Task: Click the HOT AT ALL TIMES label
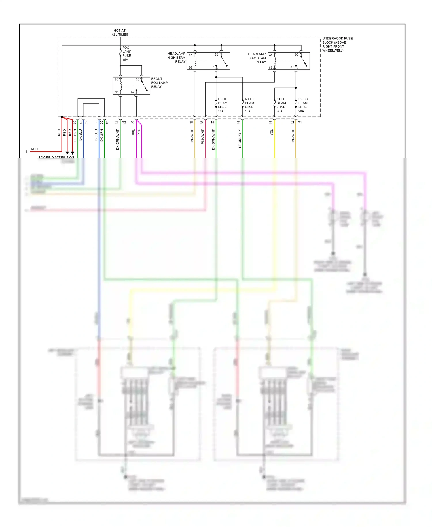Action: [x=120, y=33]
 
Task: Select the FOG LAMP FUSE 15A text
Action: [x=127, y=54]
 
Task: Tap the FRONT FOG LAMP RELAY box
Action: [x=131, y=86]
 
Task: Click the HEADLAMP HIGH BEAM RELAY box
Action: [x=208, y=61]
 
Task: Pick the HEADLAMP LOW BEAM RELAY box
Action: [x=289, y=61]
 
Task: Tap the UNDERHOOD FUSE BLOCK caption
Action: [x=337, y=44]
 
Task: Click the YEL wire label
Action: [x=272, y=133]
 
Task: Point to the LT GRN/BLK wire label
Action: [x=240, y=139]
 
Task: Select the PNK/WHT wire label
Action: [x=202, y=137]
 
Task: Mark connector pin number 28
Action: [x=191, y=123]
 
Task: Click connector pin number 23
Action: [x=239, y=123]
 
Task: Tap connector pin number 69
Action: [x=75, y=123]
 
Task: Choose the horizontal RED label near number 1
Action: [x=34, y=149]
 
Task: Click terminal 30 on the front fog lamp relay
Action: [x=138, y=80]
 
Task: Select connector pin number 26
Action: [x=117, y=123]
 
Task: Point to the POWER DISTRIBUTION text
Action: [x=56, y=157]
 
